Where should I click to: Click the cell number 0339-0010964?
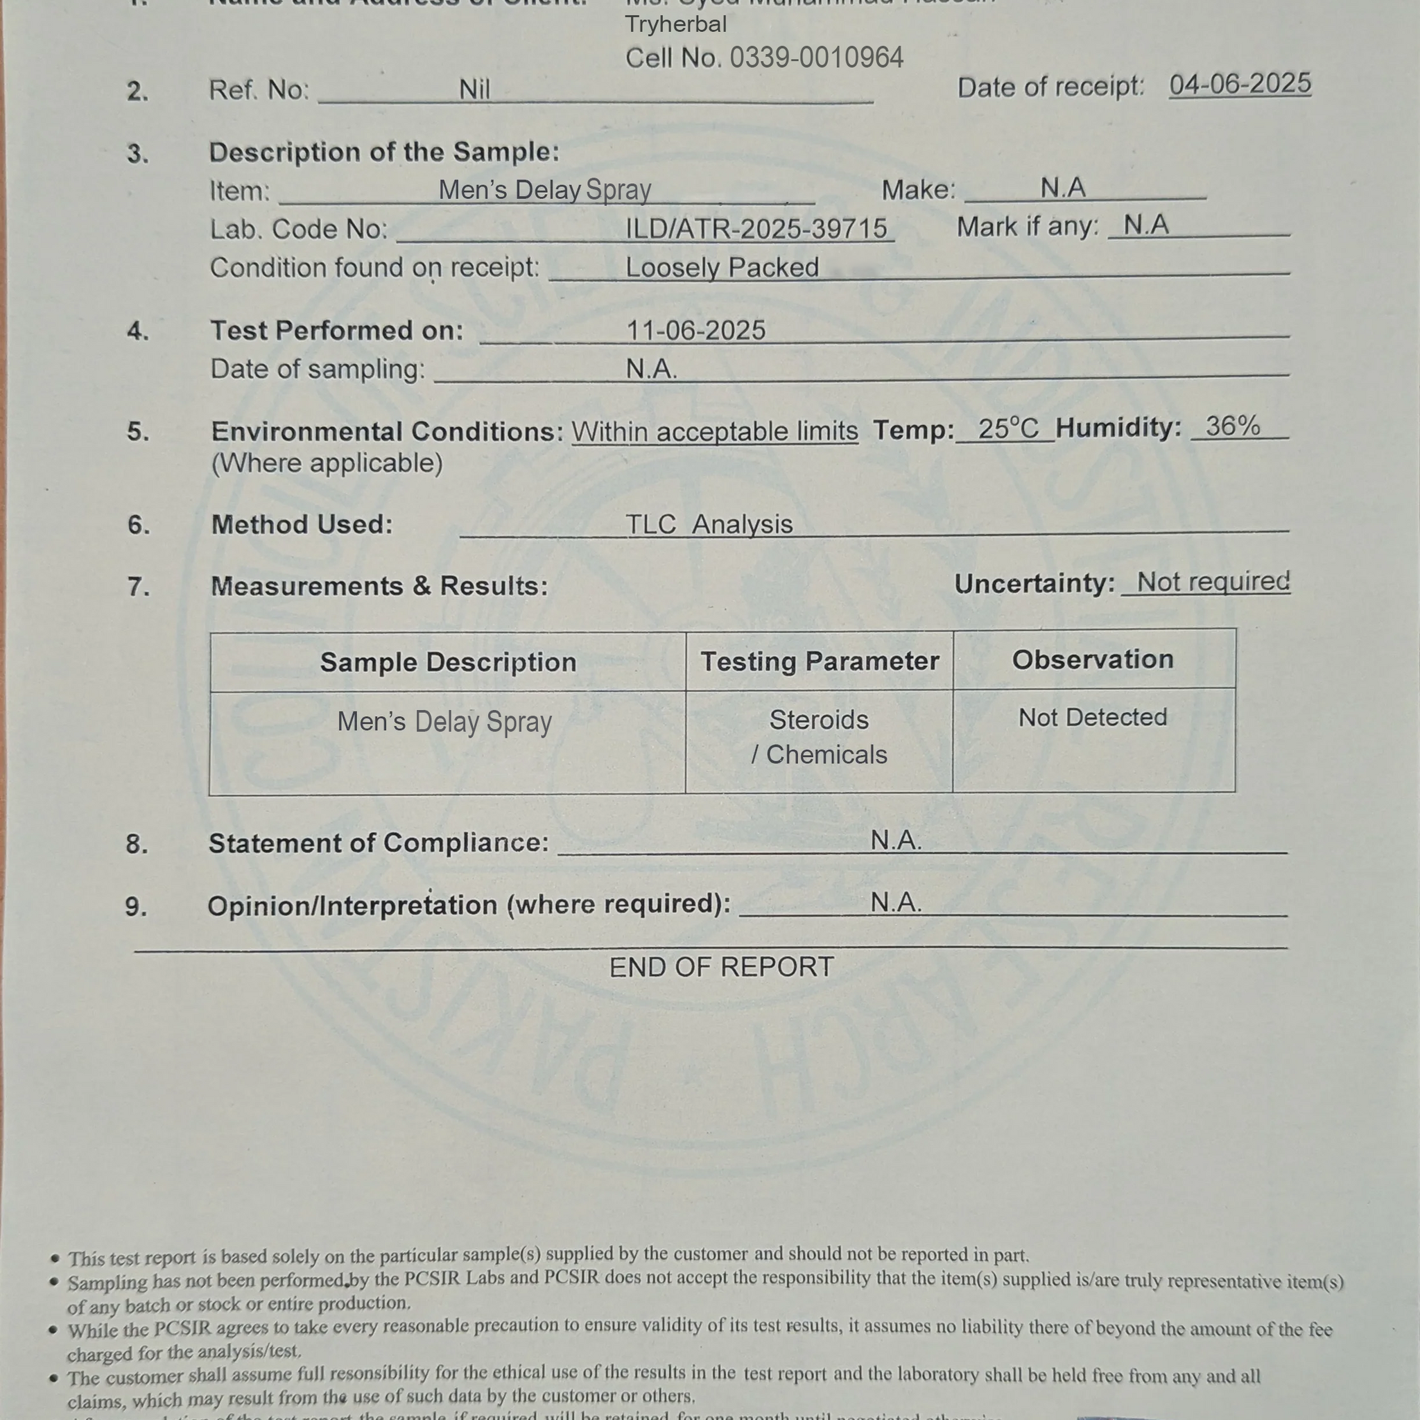816,58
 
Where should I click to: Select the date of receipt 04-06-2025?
1240,85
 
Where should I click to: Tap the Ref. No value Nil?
474,89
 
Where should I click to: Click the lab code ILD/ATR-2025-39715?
756,230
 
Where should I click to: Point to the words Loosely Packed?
722,268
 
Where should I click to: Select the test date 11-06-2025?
695,331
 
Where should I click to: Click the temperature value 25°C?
1007,428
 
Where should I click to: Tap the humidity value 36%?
1233,426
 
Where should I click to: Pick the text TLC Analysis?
709,525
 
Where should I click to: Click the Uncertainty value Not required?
1213,582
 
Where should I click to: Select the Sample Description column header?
448,662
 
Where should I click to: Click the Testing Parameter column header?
820,661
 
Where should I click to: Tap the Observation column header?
1093,659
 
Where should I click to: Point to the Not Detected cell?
1092,718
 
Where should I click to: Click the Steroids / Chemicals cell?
819,737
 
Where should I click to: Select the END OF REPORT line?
721,967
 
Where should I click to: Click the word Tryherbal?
675,24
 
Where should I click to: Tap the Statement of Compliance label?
379,843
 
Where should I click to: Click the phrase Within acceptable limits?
714,431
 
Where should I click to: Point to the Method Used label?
302,525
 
